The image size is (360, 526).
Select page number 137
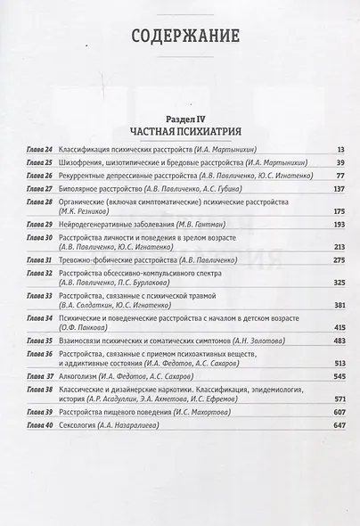pyautogui.click(x=338, y=190)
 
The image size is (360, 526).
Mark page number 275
pyautogui.click(x=338, y=259)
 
